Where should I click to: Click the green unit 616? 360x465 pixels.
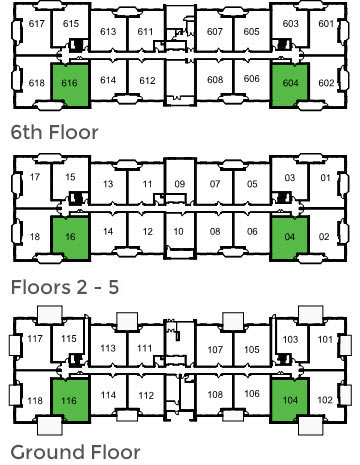click(70, 84)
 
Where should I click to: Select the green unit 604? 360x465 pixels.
click(291, 84)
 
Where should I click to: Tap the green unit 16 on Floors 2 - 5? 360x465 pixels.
click(70, 236)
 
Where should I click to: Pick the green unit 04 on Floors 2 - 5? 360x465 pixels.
click(291, 236)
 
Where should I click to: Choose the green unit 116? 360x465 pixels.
click(70, 400)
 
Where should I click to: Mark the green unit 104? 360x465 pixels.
click(291, 400)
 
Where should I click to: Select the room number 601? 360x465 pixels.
click(325, 23)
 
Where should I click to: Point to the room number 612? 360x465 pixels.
click(147, 80)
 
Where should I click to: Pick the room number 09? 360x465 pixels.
click(179, 184)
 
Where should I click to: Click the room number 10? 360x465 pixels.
click(179, 232)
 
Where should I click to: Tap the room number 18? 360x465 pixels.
click(35, 237)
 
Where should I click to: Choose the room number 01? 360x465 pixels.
click(325, 179)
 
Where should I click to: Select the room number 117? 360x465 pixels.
click(35, 339)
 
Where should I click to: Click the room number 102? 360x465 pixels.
click(324, 401)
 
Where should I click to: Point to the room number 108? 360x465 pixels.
click(214, 394)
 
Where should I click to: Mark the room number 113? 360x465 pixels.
click(109, 348)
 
